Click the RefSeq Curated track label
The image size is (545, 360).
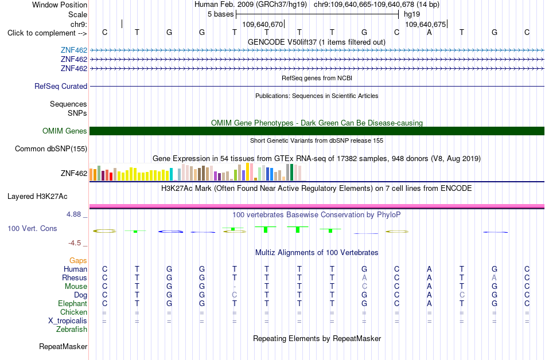pyautogui.click(x=61, y=86)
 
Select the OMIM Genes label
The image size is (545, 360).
pyautogui.click(x=65, y=131)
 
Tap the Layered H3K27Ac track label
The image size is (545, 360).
pyautogui.click(x=37, y=197)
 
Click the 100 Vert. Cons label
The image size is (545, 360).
pyautogui.click(x=32, y=228)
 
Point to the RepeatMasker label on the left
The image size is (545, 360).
pyautogui.click(x=63, y=346)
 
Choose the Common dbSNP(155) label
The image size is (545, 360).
pyautogui.click(x=51, y=149)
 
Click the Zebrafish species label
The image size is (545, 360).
pyautogui.click(x=72, y=329)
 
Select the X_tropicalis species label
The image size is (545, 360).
pyautogui.click(x=68, y=321)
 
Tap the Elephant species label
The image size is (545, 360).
pyautogui.click(x=72, y=303)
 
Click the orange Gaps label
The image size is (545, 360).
pyautogui.click(x=78, y=260)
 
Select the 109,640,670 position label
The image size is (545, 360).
pyautogui.click(x=262, y=24)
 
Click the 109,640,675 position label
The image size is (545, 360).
pyautogui.click(x=426, y=24)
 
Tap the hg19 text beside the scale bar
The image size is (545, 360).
pyautogui.click(x=412, y=14)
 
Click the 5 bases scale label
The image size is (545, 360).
pyautogui.click(x=221, y=14)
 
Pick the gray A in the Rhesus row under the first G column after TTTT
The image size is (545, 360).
pyautogui.click(x=364, y=277)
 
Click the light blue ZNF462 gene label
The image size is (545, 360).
pyautogui.click(x=74, y=50)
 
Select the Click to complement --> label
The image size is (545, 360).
pyautogui.click(x=47, y=33)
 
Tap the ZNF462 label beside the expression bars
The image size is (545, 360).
pyautogui.click(x=74, y=173)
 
